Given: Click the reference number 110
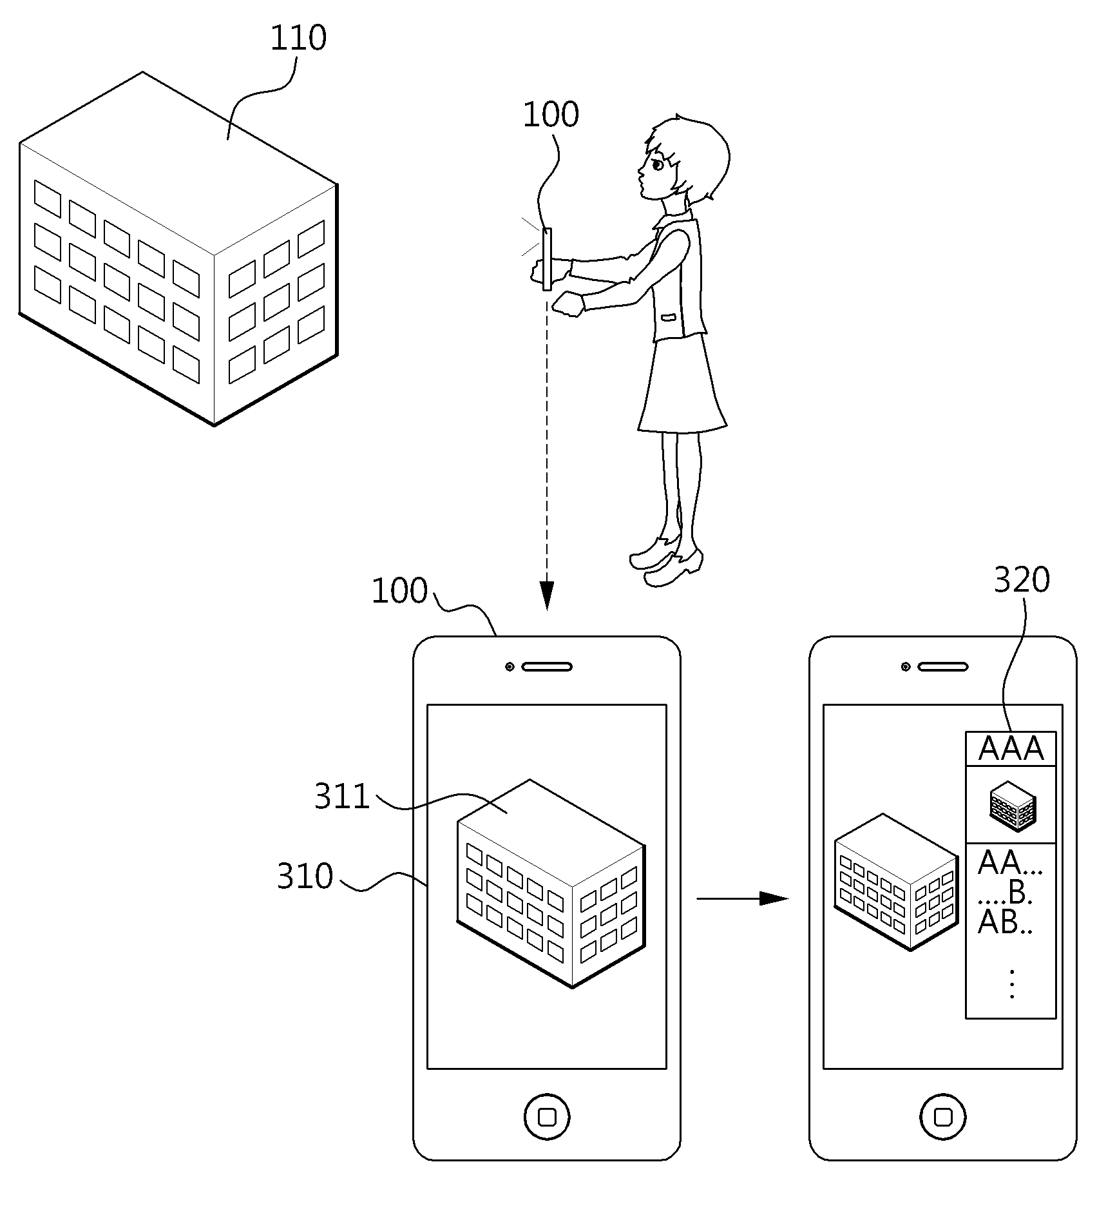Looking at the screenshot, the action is (298, 39).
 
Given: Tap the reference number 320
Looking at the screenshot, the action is (1022, 579).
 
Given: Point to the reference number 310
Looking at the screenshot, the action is (305, 877).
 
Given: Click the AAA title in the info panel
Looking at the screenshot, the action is (1011, 748).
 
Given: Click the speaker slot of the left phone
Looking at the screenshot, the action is (547, 667).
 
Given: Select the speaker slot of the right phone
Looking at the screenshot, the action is (943, 667).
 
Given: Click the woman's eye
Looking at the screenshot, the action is (658, 165).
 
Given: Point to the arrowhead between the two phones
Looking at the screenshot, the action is (774, 898).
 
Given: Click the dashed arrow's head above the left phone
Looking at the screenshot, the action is (546, 596).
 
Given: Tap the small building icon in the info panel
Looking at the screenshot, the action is (1013, 805).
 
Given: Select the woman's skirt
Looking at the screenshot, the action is (682, 384).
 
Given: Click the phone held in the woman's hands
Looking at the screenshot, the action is (547, 259).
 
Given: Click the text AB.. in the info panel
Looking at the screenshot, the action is (1005, 923).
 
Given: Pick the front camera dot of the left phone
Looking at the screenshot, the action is (510, 667).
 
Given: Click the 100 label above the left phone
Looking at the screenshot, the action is (399, 591).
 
